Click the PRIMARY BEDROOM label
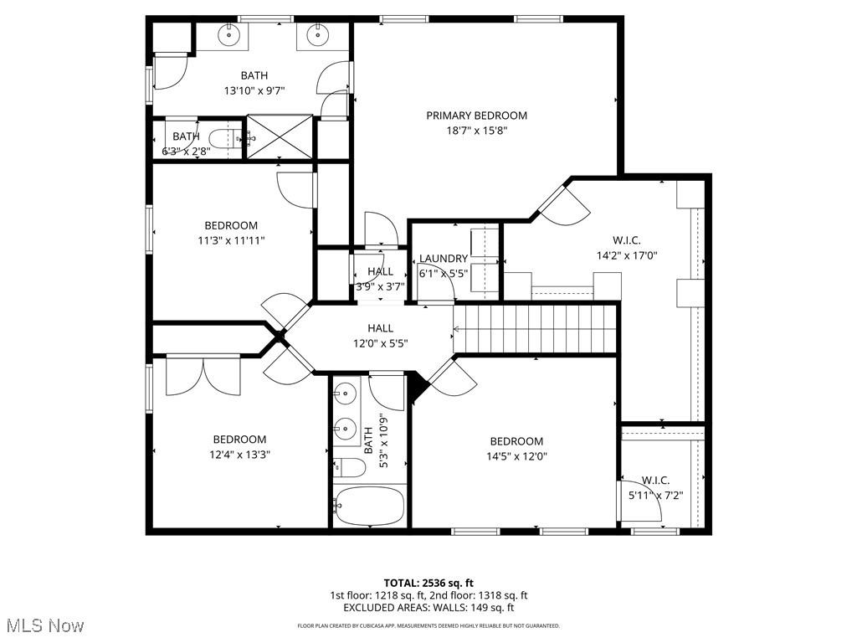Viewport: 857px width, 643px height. (x=476, y=116)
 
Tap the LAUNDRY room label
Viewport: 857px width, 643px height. (x=444, y=259)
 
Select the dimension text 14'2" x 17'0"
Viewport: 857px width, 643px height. (x=627, y=256)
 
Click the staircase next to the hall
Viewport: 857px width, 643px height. (x=535, y=328)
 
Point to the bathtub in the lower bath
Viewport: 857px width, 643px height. (x=370, y=505)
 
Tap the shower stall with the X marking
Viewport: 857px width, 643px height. (x=279, y=136)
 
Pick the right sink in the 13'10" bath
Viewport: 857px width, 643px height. (x=317, y=35)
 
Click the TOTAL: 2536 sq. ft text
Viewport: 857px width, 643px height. (x=428, y=583)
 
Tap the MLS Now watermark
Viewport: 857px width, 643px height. (x=44, y=625)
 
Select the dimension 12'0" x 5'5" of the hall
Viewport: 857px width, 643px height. (x=380, y=343)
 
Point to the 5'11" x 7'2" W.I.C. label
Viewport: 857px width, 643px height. (x=655, y=481)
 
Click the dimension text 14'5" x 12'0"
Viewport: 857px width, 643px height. (x=516, y=456)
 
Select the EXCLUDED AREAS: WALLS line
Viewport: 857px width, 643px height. (x=428, y=608)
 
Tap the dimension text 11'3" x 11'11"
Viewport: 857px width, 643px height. (x=231, y=240)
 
